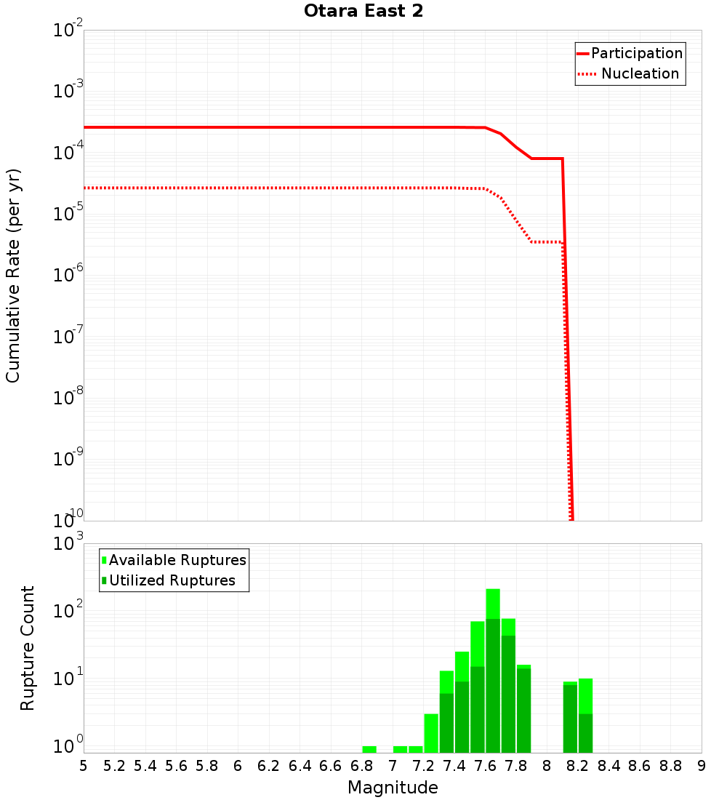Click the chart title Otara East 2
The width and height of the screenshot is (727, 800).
click(363, 12)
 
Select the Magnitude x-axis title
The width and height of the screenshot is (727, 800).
click(393, 788)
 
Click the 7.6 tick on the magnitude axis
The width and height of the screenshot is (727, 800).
click(485, 766)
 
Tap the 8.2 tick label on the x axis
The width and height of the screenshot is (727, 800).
click(578, 766)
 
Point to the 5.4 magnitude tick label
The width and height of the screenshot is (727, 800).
click(145, 766)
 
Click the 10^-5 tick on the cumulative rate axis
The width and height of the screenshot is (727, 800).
click(67, 214)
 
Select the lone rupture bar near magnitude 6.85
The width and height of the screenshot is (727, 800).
click(369, 749)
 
